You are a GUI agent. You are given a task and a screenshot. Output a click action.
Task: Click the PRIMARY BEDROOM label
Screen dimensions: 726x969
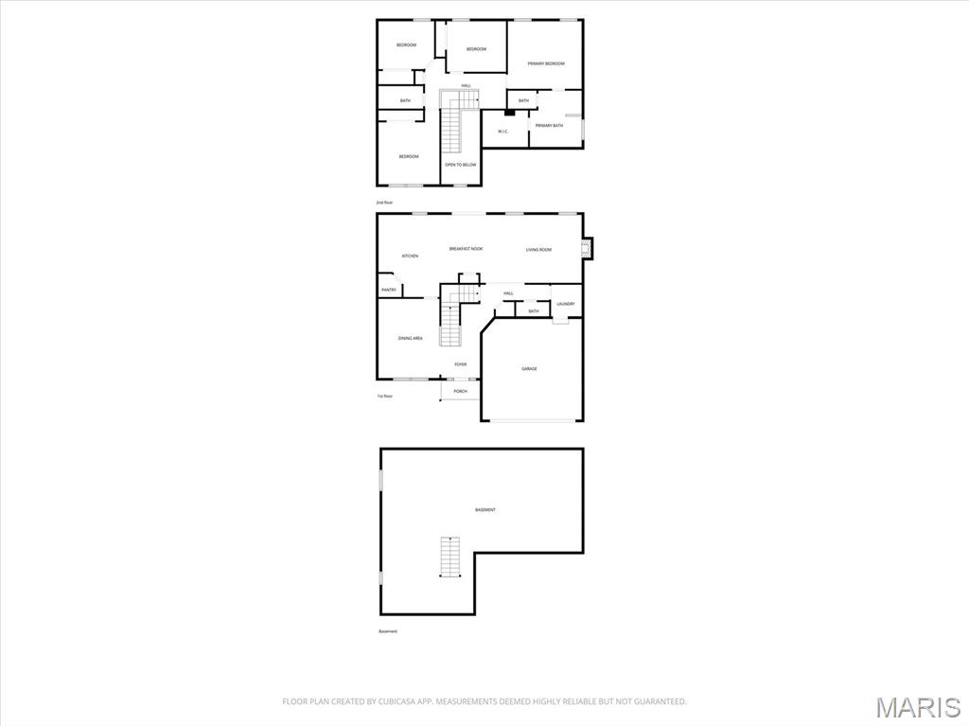(x=546, y=63)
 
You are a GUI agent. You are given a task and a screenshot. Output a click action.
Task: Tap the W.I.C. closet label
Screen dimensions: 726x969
(x=502, y=132)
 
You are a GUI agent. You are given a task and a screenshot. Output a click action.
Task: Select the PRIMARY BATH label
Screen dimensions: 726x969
(x=549, y=126)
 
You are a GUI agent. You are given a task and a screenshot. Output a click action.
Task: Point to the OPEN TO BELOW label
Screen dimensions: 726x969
(x=461, y=165)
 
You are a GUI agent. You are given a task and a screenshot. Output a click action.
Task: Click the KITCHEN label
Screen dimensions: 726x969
(x=410, y=256)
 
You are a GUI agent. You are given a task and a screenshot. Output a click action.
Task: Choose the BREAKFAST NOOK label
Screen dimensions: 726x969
(x=466, y=249)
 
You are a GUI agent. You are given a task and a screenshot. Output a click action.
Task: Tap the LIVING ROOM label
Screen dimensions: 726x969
(x=538, y=250)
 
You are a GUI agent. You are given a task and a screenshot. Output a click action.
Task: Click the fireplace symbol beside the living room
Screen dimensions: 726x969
(x=587, y=249)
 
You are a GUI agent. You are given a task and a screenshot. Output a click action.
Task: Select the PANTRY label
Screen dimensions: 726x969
(x=389, y=290)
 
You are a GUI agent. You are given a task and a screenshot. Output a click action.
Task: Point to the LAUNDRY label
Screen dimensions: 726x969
(x=566, y=304)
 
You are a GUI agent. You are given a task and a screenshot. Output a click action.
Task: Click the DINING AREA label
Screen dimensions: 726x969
(x=410, y=338)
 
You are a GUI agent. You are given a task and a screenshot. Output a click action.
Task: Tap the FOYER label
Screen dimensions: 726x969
(x=460, y=364)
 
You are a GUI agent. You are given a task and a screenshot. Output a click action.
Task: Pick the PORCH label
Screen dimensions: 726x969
(x=460, y=391)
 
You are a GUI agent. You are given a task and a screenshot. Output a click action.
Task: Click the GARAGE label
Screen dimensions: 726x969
(x=529, y=368)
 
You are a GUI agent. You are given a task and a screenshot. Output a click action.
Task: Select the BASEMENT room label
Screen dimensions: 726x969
(x=484, y=510)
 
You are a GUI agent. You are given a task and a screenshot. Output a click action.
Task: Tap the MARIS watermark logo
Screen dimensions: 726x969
(x=917, y=707)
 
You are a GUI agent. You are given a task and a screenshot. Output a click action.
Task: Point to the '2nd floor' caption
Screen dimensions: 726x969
(x=384, y=203)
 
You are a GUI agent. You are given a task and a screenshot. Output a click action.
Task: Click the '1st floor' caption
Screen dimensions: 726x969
(x=384, y=396)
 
